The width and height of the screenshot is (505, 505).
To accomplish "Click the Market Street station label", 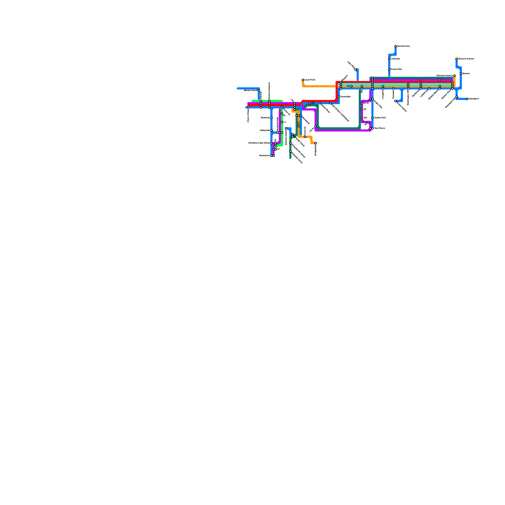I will point(251,90).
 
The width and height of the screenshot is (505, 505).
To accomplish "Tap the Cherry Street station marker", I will point(248,107).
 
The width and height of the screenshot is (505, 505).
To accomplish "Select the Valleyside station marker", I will point(271,130).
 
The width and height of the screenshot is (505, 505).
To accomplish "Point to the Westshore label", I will point(264,156).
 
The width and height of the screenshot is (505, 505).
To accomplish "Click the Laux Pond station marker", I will point(303,80).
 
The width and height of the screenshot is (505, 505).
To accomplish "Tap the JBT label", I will point(312,103).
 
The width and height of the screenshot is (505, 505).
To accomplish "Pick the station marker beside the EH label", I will point(351,86).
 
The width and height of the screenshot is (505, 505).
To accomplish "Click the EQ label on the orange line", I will point(299,123).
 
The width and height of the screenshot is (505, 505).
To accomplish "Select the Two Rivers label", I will point(379,128).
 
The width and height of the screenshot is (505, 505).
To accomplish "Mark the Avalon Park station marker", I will point(372,118).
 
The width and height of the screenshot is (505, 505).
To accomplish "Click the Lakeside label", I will point(395,59).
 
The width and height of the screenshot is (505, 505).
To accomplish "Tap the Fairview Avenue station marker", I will point(454,76).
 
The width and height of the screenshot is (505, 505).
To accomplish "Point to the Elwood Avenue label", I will point(466,59).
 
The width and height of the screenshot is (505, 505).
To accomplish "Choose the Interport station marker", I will point(467,99).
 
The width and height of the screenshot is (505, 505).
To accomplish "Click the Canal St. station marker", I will point(305,137).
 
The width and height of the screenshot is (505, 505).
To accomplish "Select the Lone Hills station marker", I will point(355,69).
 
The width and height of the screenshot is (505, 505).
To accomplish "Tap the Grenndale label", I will point(345,97).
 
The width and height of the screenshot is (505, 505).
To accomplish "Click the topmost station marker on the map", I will point(395,46).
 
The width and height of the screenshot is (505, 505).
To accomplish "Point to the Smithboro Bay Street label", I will point(259,143).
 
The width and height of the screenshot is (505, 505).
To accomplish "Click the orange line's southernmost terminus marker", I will point(316,143).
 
